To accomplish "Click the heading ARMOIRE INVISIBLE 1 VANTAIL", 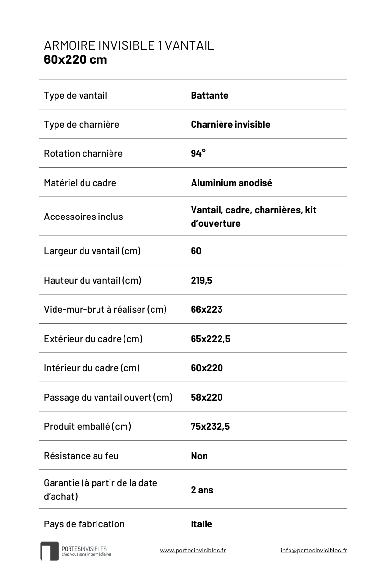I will tap(129, 45).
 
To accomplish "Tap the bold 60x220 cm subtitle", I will tap(75, 60).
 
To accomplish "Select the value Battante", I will tap(209, 95).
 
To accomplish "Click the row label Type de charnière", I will tap(81, 124).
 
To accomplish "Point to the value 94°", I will tap(198, 153).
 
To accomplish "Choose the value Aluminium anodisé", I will tap(231, 183).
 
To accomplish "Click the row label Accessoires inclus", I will tap(83, 217).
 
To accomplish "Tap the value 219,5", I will tap(201, 280).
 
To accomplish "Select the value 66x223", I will tap(207, 309).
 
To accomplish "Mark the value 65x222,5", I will tap(210, 339).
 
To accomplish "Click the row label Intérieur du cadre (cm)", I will tap(92, 368).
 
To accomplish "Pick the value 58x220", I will tap(207, 397).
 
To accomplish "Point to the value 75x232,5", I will tap(210, 426).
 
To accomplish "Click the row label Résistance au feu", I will tap(81, 456).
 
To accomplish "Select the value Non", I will tap(199, 456).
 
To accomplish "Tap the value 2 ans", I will tap(202, 490).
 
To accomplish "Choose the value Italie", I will tap(201, 524).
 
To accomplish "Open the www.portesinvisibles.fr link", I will tap(193, 550).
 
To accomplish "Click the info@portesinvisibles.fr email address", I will tap(314, 550).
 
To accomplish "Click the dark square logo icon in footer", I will tap(49, 551).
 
